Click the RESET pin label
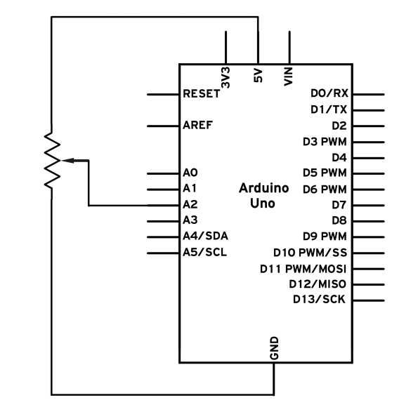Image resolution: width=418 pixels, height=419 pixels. (x=202, y=94)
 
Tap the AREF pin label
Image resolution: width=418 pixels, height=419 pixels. (x=197, y=125)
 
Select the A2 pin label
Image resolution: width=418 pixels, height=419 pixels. (x=190, y=204)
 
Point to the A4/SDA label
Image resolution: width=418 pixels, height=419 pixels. (x=205, y=236)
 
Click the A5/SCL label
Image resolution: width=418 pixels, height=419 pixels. (x=205, y=252)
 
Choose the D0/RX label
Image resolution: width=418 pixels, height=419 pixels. (x=329, y=93)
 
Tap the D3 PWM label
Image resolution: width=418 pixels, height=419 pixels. (x=325, y=142)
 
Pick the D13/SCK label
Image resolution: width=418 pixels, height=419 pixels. (x=319, y=299)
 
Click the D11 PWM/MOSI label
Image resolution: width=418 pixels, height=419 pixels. (x=303, y=269)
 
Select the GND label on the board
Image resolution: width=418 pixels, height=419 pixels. (x=275, y=348)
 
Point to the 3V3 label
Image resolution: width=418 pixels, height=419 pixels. (x=226, y=77)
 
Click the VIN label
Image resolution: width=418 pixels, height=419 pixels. (x=289, y=77)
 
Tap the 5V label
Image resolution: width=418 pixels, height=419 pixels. (x=258, y=76)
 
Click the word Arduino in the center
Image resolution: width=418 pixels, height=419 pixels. (x=263, y=188)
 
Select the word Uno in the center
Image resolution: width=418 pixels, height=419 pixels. (x=262, y=204)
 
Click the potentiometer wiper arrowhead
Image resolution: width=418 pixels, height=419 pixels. (x=67, y=160)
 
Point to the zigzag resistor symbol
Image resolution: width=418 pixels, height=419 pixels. (x=52, y=160)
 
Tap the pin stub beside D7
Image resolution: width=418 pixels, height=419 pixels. (x=368, y=206)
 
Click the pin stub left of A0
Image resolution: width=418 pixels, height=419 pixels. (x=163, y=173)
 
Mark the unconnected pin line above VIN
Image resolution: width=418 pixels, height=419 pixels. (x=289, y=48)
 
